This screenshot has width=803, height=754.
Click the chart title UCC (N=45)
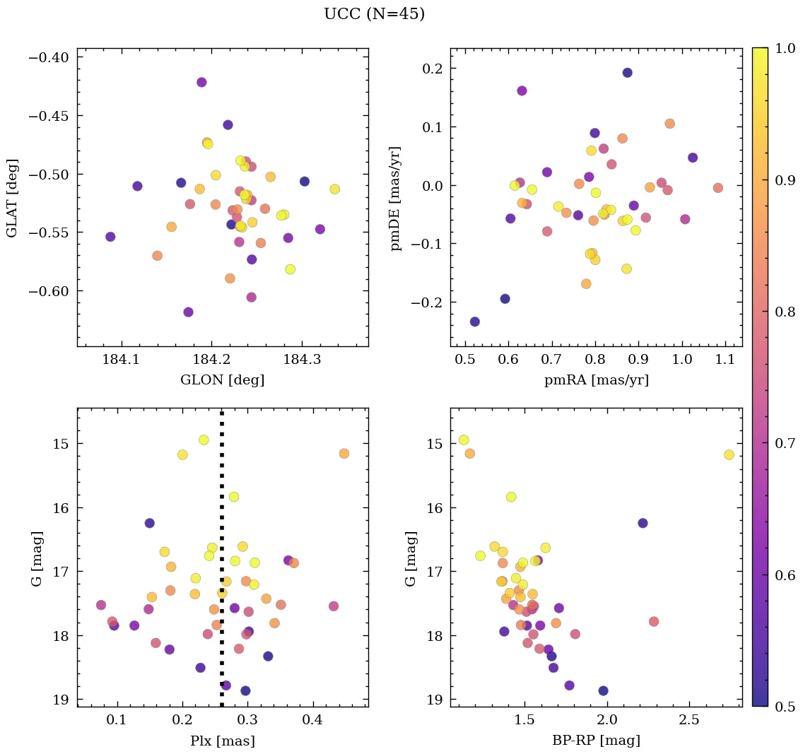click(374, 14)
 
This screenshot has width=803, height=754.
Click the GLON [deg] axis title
click(222, 380)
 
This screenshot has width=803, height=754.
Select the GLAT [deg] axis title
click(12, 198)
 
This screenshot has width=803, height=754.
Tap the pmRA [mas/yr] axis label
click(596, 380)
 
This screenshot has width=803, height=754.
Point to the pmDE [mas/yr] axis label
click(396, 198)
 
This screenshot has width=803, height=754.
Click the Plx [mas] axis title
click(222, 741)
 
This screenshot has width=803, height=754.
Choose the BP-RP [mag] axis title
click(596, 741)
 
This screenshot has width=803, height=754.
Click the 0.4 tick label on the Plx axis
click(312, 721)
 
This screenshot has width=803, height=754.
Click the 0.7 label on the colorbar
click(778, 442)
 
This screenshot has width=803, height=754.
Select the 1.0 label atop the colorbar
click(778, 49)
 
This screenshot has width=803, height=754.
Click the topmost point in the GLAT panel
click(201, 83)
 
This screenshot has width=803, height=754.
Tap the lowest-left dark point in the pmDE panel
click(474, 322)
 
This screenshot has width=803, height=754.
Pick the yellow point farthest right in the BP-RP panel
click(729, 454)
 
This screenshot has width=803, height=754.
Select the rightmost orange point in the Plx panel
click(344, 453)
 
